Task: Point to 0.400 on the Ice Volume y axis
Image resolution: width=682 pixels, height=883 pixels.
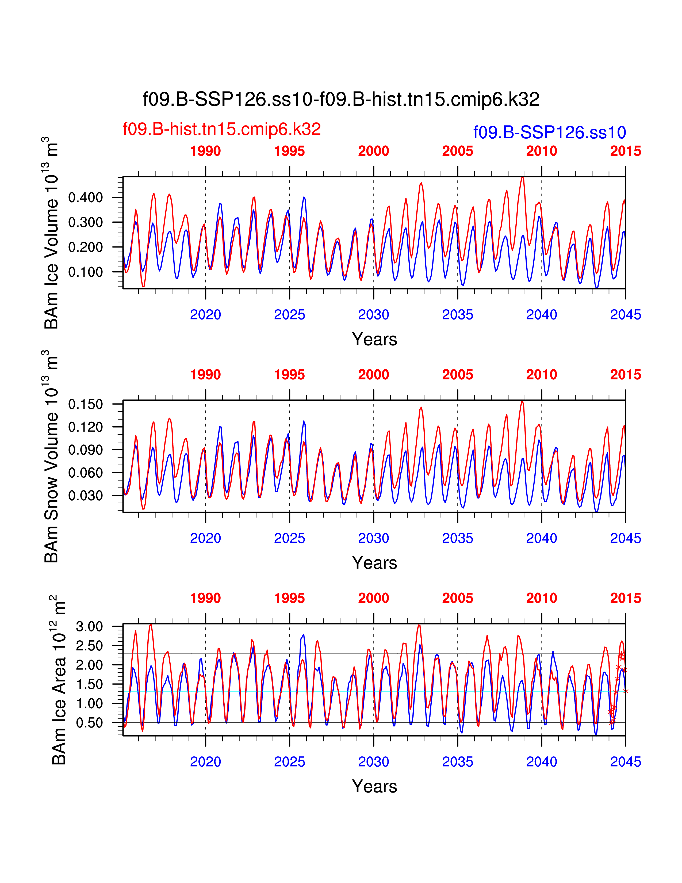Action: click(85, 198)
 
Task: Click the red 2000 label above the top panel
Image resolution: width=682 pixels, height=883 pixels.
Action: click(373, 151)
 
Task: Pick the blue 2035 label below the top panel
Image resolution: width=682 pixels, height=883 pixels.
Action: click(457, 315)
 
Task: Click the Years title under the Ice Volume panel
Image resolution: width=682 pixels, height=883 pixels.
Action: click(374, 339)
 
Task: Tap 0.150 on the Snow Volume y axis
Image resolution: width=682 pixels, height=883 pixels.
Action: click(85, 404)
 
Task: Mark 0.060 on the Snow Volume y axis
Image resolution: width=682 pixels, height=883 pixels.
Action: click(85, 473)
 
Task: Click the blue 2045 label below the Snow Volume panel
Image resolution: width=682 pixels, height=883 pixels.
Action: click(626, 538)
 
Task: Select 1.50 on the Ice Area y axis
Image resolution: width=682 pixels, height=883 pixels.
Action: click(89, 684)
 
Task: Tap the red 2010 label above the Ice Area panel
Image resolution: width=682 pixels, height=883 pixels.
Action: click(541, 598)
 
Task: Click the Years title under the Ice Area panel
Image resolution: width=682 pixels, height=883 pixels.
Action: click(374, 786)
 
